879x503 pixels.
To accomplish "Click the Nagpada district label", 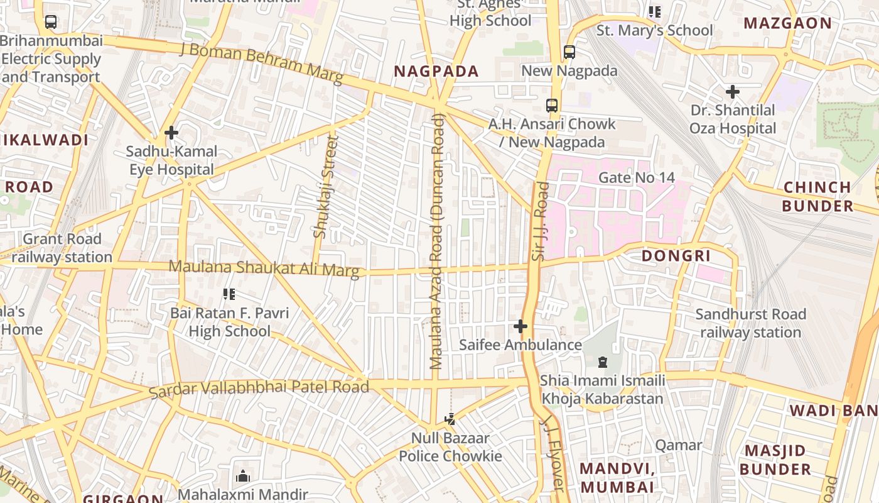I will click(436, 71).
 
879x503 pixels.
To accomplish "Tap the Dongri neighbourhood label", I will click(676, 256).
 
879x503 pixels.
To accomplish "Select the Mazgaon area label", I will click(787, 24).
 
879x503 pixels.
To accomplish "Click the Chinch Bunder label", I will click(817, 196).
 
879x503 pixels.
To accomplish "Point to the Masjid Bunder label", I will click(775, 460).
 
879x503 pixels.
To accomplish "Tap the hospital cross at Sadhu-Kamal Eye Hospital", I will click(171, 133).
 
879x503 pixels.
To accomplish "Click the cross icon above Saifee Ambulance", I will click(520, 326).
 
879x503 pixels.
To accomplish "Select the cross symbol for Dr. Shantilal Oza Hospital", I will click(732, 92).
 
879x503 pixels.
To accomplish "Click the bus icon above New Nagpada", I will click(569, 52).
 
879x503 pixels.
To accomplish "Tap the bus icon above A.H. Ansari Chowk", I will click(552, 106).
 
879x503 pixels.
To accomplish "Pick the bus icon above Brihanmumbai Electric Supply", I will click(51, 22).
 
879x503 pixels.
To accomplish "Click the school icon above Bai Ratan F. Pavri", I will click(229, 294).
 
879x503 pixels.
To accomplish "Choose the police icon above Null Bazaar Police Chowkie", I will click(450, 419).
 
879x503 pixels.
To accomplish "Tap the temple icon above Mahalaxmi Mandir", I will click(243, 476).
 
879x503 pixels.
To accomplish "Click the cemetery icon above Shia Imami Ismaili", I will click(603, 362).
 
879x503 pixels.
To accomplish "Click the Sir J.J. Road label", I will click(539, 221).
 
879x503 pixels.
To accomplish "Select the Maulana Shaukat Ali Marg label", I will click(264, 268).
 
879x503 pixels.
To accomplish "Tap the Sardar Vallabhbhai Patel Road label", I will click(259, 389).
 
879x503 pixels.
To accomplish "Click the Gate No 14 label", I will click(636, 177).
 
